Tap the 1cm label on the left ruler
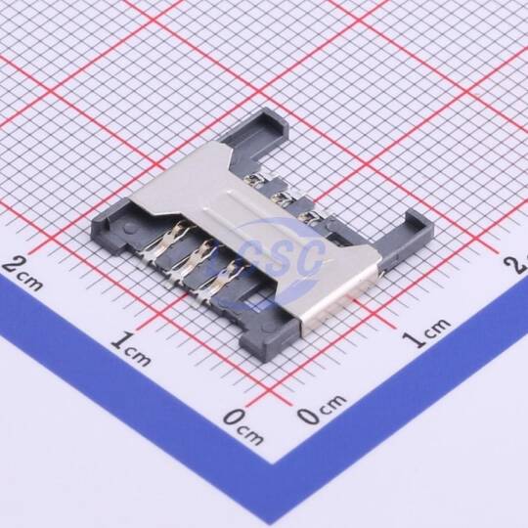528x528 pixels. (x=131, y=348)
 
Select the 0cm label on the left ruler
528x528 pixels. (x=242, y=425)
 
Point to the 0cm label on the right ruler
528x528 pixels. (x=323, y=408)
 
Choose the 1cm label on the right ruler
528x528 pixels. (x=426, y=330)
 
